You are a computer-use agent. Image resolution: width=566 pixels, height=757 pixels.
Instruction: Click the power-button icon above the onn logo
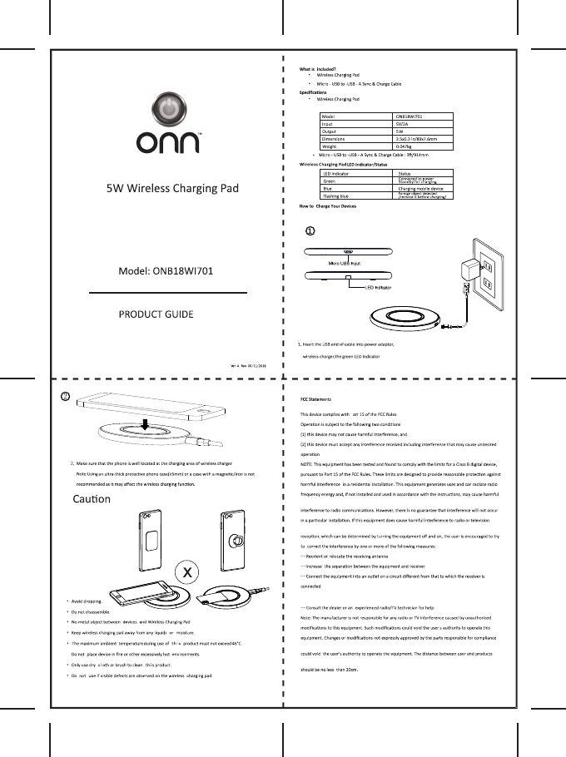pyautogui.click(x=168, y=111)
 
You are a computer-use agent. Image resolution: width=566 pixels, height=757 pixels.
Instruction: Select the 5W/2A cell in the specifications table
pyautogui.click(x=401, y=123)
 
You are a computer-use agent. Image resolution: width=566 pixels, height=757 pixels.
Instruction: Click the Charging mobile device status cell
pyautogui.click(x=426, y=189)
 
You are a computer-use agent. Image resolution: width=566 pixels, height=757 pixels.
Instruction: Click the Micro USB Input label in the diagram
pyautogui.click(x=343, y=263)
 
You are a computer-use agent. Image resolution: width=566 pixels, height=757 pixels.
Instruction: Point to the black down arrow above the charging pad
pyautogui.click(x=145, y=426)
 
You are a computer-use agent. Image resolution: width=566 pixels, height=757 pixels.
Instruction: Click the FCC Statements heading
pyautogui.click(x=316, y=400)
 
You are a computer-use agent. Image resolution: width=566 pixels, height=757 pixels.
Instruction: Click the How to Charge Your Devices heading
pyautogui.click(x=328, y=205)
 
